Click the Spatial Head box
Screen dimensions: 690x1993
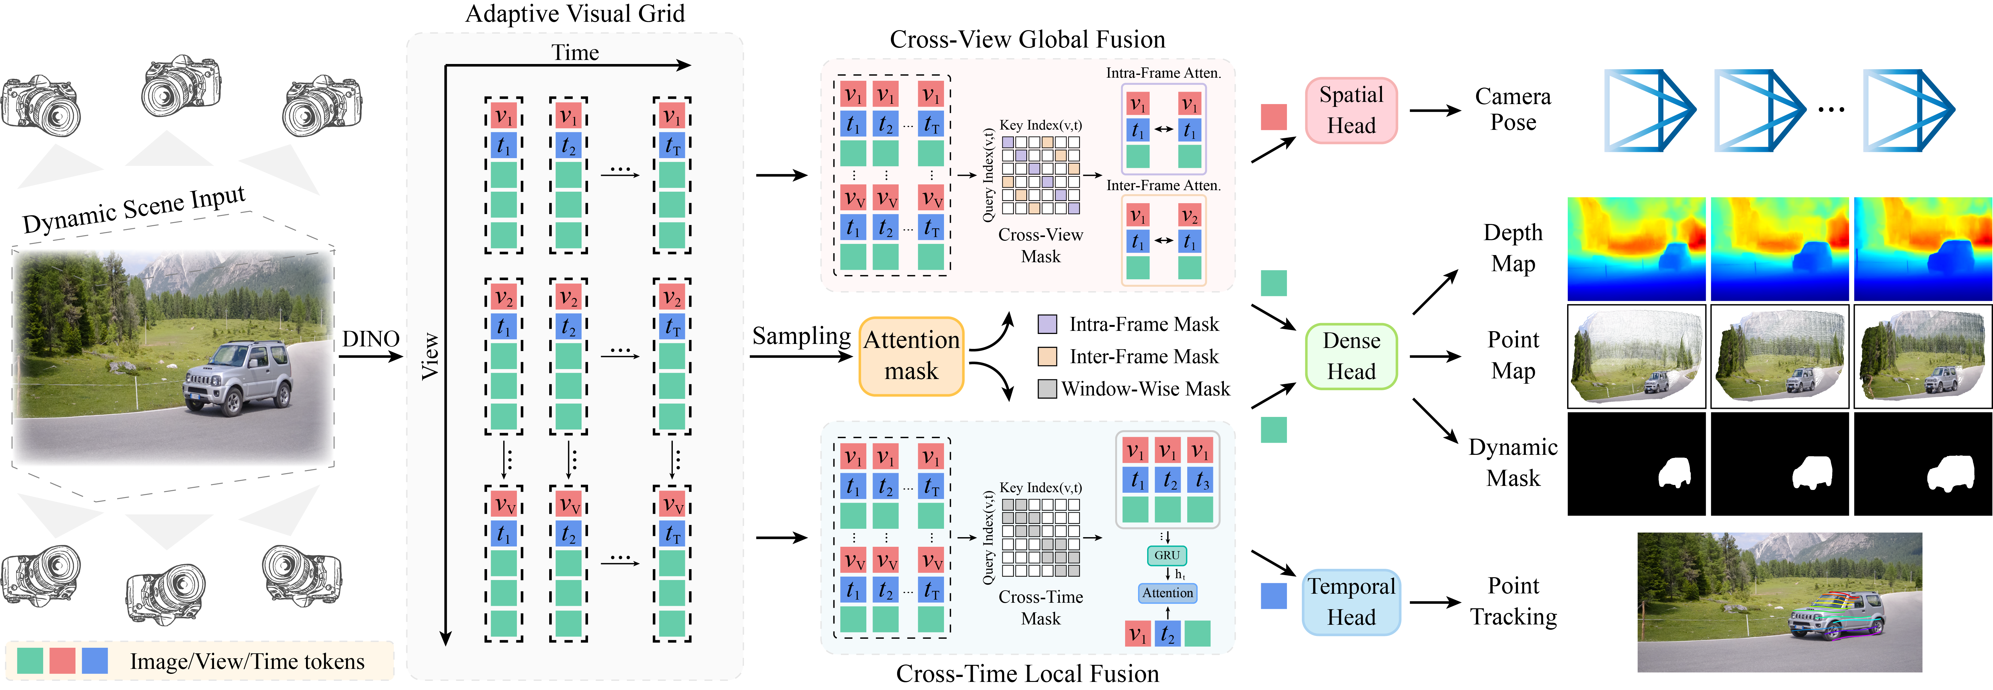click(x=1351, y=110)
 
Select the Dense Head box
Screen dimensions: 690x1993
click(x=1351, y=356)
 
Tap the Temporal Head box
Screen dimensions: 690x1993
click(x=1351, y=602)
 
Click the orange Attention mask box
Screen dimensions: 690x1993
click(x=911, y=356)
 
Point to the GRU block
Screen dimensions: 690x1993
click(x=1167, y=555)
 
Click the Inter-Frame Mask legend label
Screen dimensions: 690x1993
click(x=1143, y=357)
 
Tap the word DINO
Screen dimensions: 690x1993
click(x=371, y=339)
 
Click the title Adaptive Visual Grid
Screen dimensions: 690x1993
click(x=575, y=14)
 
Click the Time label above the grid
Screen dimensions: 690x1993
click(x=575, y=53)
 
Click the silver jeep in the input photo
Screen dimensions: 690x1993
click(x=238, y=379)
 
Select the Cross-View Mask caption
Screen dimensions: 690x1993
click(x=1041, y=245)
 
